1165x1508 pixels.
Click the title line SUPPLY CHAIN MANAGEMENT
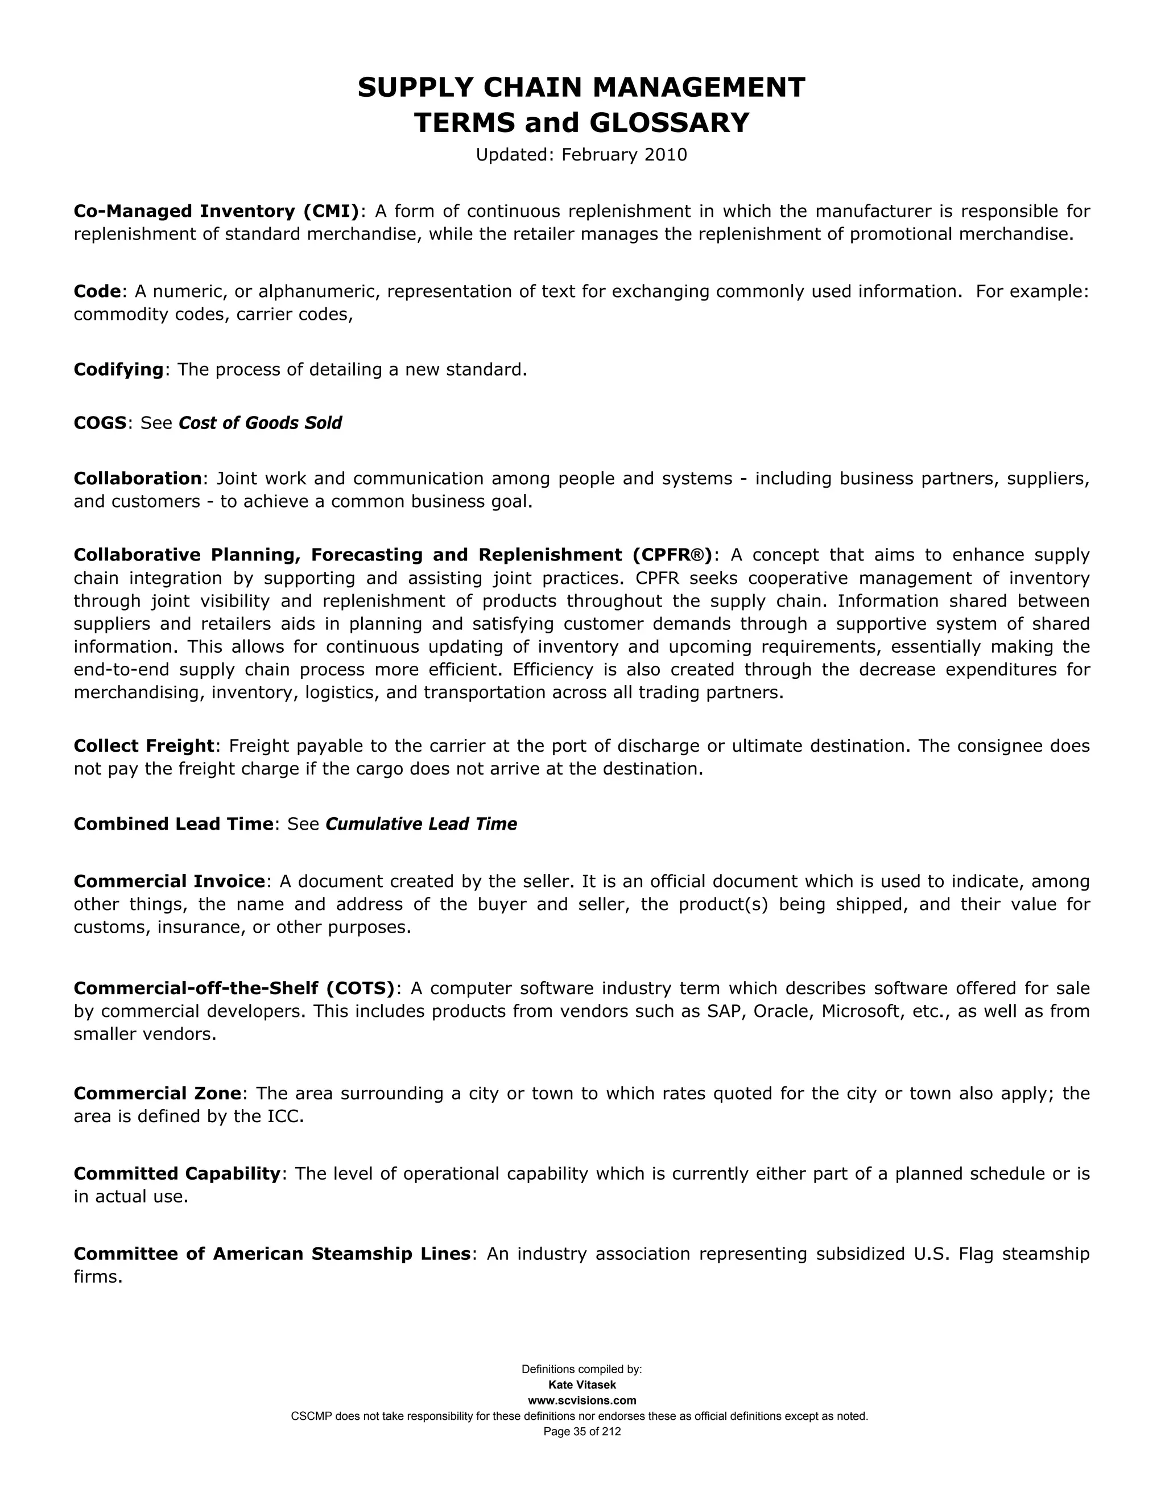(x=581, y=88)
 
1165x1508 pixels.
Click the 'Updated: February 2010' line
(x=581, y=155)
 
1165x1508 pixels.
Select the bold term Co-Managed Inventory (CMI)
(x=217, y=211)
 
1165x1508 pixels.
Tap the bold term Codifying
(x=119, y=369)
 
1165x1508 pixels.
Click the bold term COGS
(x=100, y=423)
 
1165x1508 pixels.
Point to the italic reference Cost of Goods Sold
(x=260, y=423)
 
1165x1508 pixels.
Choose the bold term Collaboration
(x=137, y=478)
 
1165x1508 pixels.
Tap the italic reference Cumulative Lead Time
(x=421, y=824)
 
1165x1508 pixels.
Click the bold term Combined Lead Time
(x=173, y=824)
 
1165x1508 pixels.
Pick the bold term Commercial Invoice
(x=169, y=881)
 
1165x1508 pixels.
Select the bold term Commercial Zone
(x=158, y=1093)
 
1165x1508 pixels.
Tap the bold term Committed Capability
(x=177, y=1173)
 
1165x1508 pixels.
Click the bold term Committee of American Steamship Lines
(x=272, y=1253)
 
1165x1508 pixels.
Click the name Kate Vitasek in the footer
(x=582, y=1385)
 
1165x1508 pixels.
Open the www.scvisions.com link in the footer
(x=582, y=1400)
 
